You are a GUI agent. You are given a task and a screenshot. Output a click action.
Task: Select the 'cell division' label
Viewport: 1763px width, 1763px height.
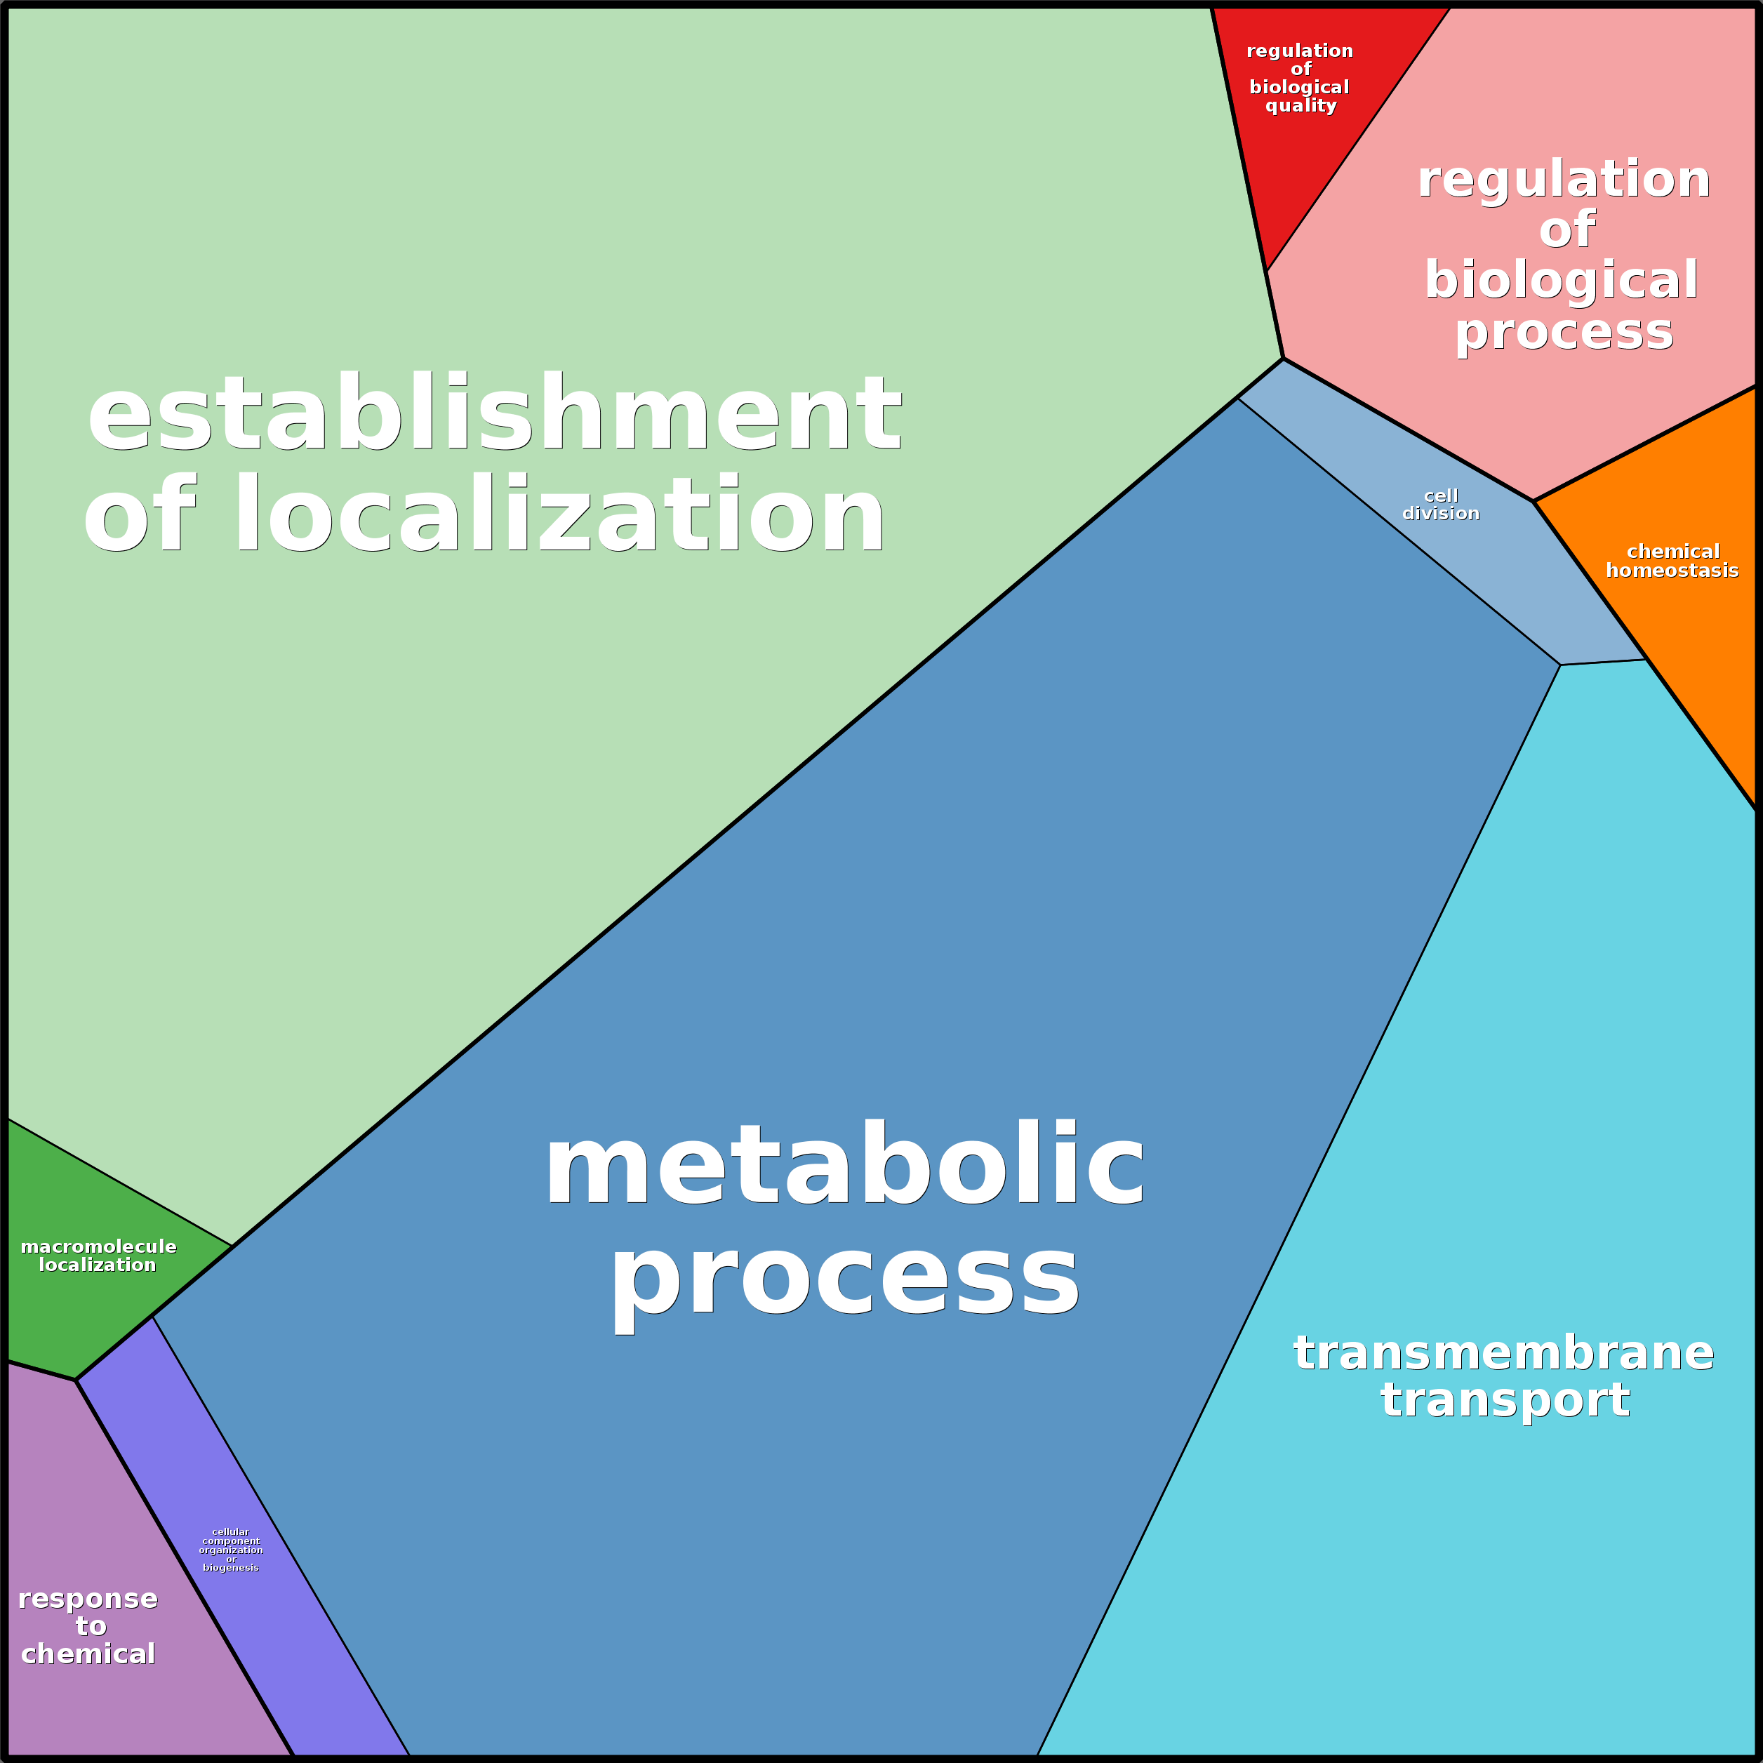point(1440,505)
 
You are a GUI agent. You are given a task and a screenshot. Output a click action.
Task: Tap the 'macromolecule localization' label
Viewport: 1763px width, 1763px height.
point(98,1256)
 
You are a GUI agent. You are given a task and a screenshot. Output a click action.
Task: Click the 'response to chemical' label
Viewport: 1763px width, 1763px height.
point(88,1626)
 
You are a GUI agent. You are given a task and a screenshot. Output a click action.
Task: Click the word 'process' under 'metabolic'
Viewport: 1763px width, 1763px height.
point(844,1277)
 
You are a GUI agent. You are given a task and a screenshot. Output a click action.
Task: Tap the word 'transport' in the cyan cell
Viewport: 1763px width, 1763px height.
point(1505,1400)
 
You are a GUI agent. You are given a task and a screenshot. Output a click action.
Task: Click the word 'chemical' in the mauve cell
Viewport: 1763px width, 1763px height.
point(88,1654)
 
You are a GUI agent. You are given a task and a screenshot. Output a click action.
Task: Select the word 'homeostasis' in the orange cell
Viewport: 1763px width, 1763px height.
point(1672,571)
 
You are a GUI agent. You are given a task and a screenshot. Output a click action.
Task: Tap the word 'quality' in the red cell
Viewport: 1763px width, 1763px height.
point(1300,106)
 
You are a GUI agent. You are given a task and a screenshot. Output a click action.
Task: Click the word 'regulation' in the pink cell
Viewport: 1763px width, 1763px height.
point(1563,179)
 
